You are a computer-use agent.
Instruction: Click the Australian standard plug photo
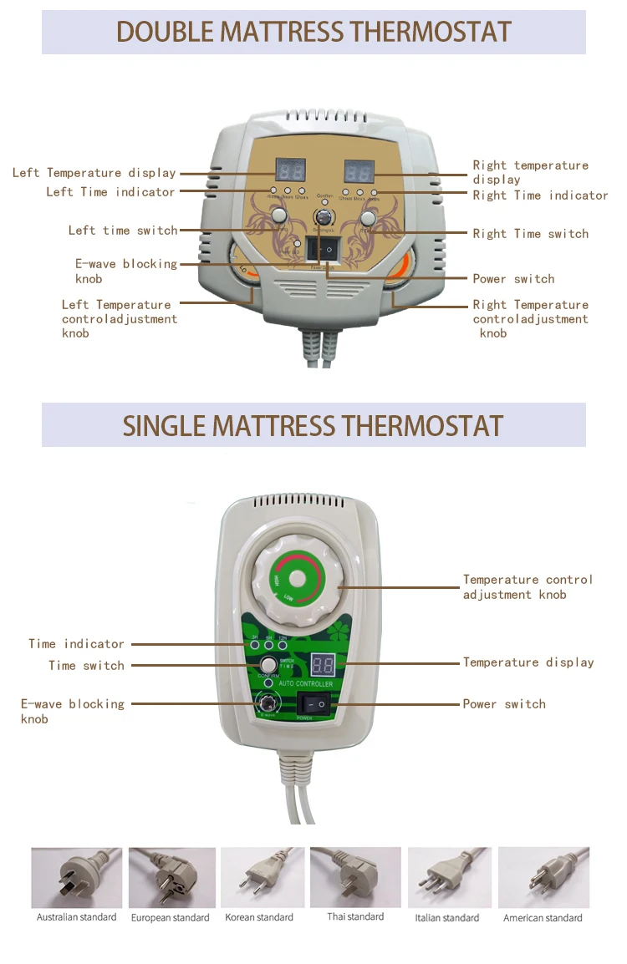tap(76, 877)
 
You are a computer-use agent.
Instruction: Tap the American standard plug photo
tap(543, 877)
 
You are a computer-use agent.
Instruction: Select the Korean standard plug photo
tap(259, 877)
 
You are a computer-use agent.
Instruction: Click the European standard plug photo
tap(171, 877)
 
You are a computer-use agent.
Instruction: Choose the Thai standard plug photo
tap(355, 877)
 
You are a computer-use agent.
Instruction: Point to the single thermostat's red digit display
tap(324, 665)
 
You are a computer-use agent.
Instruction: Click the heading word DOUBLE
tap(165, 32)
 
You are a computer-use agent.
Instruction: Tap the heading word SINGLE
tap(164, 425)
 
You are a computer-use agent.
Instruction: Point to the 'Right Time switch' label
tap(531, 234)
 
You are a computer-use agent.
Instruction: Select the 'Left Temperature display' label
tap(94, 173)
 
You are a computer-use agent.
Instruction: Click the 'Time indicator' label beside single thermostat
tap(76, 644)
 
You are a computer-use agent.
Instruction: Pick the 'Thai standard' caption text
tap(355, 916)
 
